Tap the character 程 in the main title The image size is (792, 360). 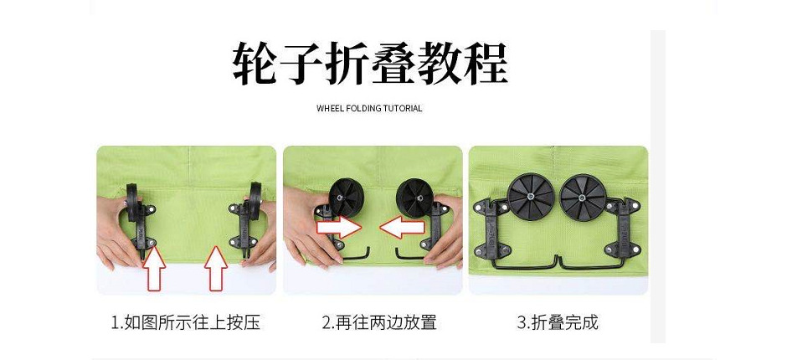[x=480, y=63]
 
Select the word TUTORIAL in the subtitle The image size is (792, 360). [x=403, y=109]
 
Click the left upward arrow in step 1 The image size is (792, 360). [x=156, y=268]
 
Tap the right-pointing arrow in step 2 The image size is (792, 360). [x=338, y=225]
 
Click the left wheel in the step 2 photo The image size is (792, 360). [x=342, y=195]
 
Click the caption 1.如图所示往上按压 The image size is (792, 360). [x=186, y=322]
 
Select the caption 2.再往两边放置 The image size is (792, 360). [x=379, y=322]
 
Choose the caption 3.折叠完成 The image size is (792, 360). [x=558, y=322]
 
